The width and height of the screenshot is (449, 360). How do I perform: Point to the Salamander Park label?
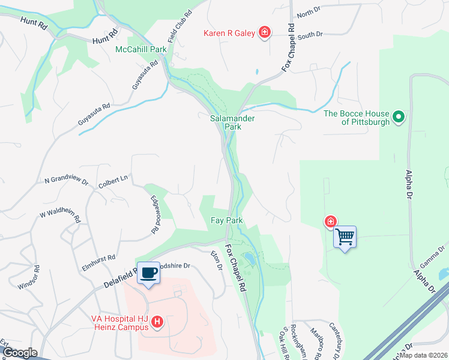pos(232,122)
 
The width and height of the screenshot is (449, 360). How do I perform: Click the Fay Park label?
pos(226,220)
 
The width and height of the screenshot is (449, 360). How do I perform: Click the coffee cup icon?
pos(148,272)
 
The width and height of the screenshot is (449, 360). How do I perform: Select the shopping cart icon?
pos(345,237)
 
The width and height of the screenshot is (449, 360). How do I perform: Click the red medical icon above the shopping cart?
pos(330,222)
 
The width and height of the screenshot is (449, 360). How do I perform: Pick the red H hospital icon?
pos(157,323)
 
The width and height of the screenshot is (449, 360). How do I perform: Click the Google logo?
pos(20,352)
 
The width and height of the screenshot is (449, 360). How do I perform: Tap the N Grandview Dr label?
pos(67,180)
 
